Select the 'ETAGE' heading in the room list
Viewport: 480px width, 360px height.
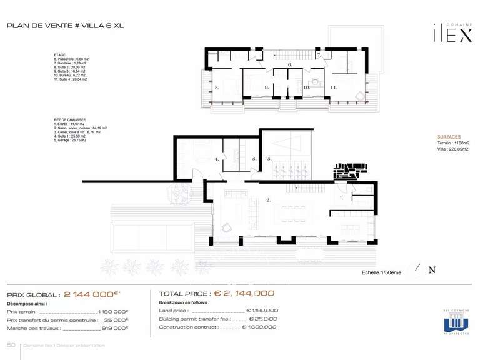coord(60,55)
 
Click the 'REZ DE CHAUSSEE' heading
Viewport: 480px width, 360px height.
coord(70,119)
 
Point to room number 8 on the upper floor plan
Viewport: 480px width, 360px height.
coord(217,88)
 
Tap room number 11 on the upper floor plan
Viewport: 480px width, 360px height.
coord(334,88)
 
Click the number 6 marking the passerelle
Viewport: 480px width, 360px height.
coord(290,64)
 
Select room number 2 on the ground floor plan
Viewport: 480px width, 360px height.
coord(268,201)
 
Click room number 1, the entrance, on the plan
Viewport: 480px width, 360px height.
coord(341,197)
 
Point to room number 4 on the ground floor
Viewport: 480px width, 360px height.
coord(217,159)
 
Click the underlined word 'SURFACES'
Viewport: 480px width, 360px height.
coord(449,136)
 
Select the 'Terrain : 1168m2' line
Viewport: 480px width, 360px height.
coord(453,143)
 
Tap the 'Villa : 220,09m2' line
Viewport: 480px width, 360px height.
coord(453,149)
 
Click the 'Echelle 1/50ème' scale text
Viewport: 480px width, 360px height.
coord(381,272)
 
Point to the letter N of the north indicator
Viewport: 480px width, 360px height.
coord(431,270)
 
